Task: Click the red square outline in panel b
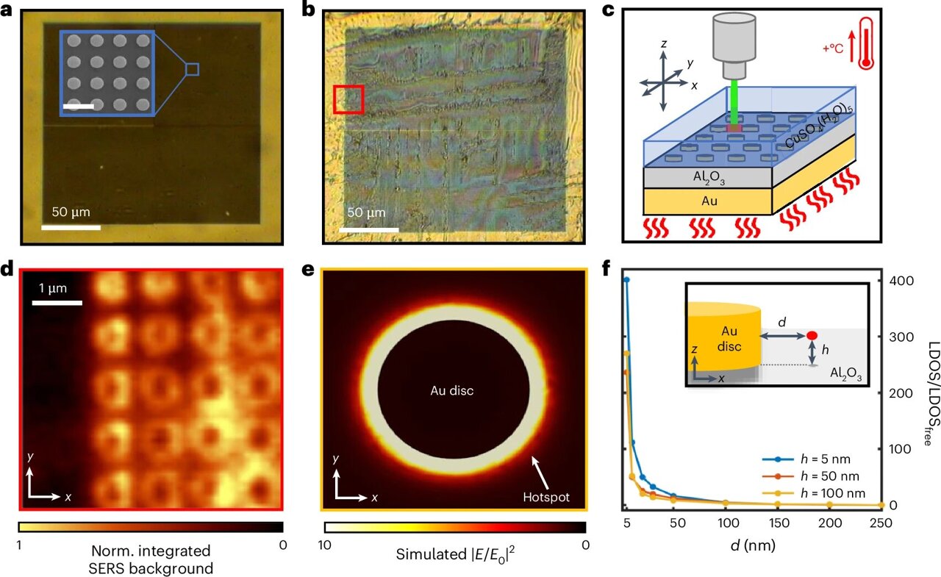coord(348,99)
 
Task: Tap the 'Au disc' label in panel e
coord(451,390)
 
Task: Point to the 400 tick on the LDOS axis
coord(903,280)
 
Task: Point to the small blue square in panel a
coord(192,69)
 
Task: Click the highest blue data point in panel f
coord(626,280)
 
